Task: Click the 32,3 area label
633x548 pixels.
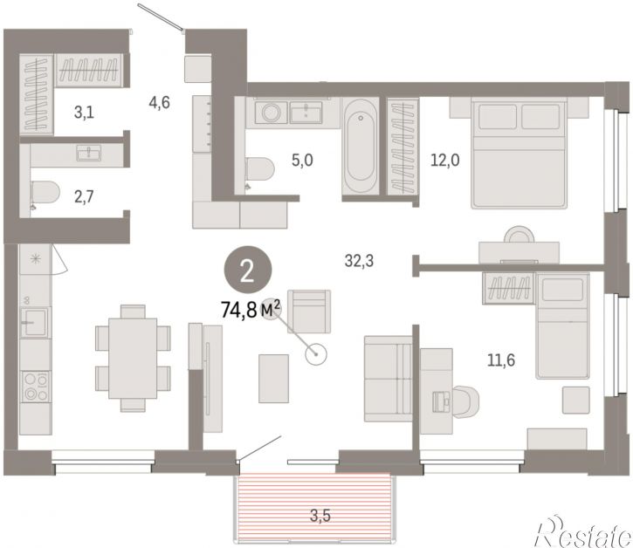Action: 359,261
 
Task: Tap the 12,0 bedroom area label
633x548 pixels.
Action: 445,161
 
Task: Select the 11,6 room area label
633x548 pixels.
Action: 501,360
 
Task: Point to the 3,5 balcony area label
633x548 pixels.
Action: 320,516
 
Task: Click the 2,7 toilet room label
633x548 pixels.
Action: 84,196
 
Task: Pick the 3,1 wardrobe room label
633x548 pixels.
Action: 84,113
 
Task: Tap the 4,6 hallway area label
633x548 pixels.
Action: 159,102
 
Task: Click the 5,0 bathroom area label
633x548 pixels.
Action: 302,161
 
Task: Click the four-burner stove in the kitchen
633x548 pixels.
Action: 36,387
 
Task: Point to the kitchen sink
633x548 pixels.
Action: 35,322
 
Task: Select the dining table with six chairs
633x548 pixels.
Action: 133,358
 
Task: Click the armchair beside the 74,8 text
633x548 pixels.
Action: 309,312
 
